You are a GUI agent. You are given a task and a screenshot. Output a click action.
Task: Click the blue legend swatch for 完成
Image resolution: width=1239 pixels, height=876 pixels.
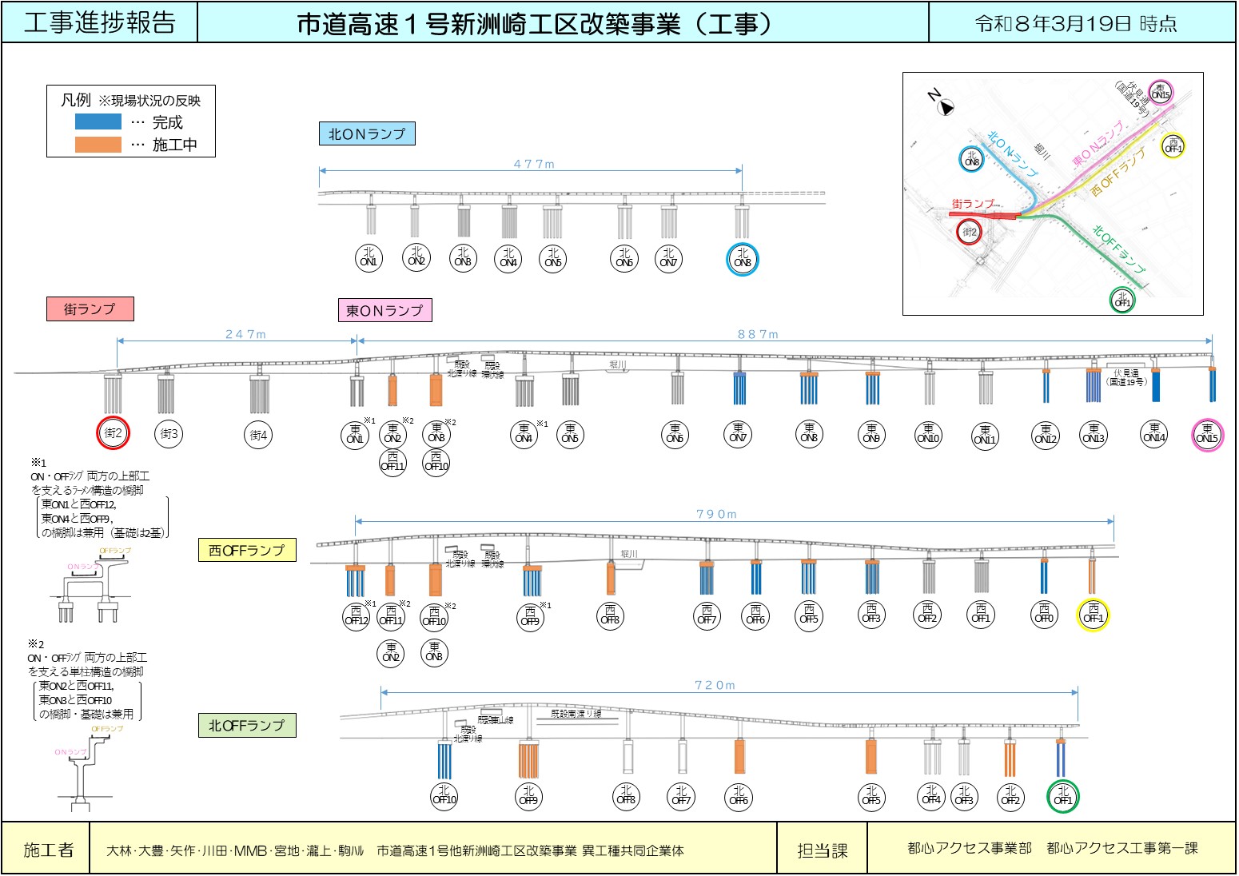point(98,121)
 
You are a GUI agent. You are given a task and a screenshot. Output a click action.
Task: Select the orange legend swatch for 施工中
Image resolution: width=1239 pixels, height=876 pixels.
point(98,145)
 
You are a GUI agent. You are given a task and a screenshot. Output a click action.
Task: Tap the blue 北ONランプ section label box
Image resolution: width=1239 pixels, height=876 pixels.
point(367,133)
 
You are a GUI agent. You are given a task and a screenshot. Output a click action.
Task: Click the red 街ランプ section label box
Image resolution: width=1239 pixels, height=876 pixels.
point(90,309)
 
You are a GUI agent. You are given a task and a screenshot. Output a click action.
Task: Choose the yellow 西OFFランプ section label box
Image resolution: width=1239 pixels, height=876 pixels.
point(246,550)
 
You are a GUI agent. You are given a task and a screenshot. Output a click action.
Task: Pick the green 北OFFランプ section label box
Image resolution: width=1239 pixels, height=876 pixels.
point(246,725)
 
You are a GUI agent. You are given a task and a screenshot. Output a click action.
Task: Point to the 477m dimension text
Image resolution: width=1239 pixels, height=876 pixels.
point(533,164)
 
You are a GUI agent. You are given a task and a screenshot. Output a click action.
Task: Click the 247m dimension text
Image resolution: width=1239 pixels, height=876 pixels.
point(245,334)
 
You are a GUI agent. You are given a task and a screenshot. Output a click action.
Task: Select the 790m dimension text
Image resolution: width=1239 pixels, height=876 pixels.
point(716,514)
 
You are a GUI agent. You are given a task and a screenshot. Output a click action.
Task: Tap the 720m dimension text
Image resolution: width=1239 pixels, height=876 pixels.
point(715,685)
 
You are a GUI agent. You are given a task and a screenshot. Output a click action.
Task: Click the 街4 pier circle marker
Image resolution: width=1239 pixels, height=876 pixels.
point(258,435)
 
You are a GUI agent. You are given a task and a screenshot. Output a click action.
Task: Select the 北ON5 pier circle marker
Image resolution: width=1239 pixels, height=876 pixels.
point(553,257)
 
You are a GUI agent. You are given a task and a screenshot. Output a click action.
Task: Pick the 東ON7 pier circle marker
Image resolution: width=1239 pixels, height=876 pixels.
point(738,433)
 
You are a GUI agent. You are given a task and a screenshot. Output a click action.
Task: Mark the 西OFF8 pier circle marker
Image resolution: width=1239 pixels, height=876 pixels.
point(610,615)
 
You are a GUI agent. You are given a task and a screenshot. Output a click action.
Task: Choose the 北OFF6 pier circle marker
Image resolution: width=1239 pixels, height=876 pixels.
point(739,796)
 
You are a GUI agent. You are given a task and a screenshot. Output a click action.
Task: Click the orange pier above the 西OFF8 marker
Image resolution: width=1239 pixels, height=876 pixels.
point(611,578)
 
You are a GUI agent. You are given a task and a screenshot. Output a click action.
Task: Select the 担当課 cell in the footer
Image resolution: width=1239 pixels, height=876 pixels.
point(822,850)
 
